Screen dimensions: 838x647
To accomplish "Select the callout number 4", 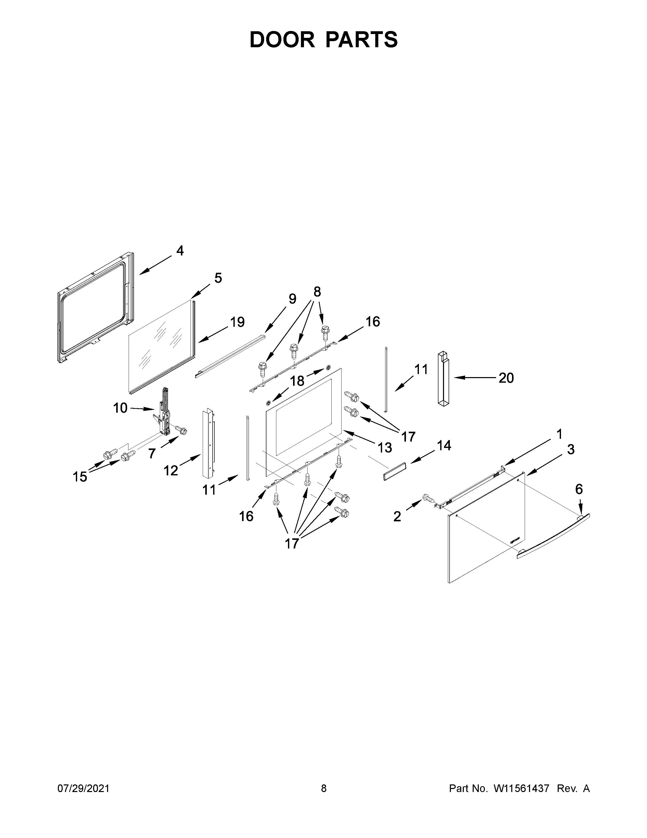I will point(180,251).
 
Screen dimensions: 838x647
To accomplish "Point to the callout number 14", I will point(444,445).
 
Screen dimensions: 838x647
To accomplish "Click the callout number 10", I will point(120,408).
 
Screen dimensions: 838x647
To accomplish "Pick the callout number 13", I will point(385,447).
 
